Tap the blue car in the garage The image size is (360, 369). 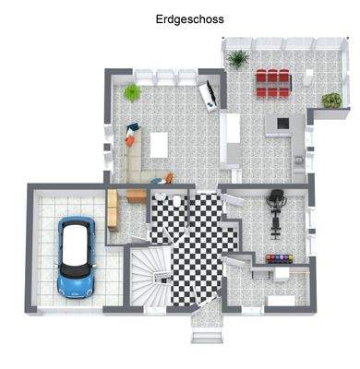pyautogui.click(x=75, y=256)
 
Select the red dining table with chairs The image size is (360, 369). pyautogui.click(x=272, y=82)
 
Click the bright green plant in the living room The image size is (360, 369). pyautogui.click(x=132, y=91)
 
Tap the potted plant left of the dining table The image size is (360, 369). pyautogui.click(x=237, y=60)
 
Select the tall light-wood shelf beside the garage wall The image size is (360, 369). pyautogui.click(x=112, y=209)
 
